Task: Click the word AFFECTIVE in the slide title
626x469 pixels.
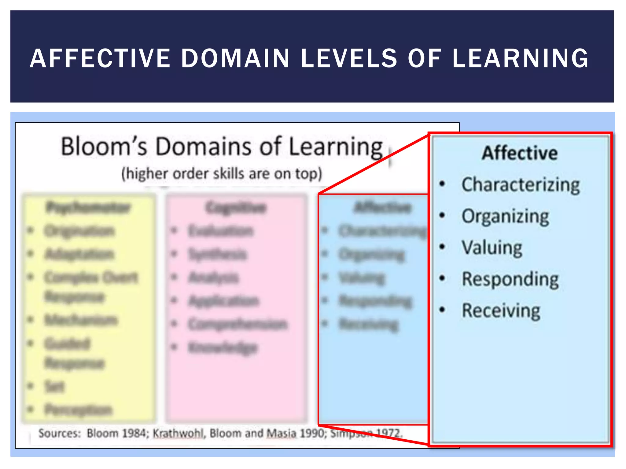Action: [x=100, y=58]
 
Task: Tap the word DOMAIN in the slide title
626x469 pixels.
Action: [x=235, y=58]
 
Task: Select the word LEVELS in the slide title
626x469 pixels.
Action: [x=349, y=58]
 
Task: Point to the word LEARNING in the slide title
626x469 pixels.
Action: [x=520, y=58]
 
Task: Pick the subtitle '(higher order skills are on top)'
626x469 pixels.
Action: [x=222, y=174]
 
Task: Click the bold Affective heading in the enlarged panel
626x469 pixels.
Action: [x=520, y=153]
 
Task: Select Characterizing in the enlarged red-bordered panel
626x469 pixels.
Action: [x=521, y=185]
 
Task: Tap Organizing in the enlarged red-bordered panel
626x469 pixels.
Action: [x=505, y=216]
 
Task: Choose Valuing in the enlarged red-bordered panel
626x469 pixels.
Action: [x=492, y=248]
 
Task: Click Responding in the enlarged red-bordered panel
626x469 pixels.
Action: [x=510, y=279]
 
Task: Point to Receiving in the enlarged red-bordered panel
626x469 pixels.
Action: [x=501, y=311]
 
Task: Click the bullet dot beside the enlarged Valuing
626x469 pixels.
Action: [x=442, y=247]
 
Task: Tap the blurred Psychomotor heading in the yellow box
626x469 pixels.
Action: [x=88, y=208]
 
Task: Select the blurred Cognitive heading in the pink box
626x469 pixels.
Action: [x=236, y=208]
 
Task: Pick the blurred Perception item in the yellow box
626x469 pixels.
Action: [x=79, y=410]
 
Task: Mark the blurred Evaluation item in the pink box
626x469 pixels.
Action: [x=221, y=231]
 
